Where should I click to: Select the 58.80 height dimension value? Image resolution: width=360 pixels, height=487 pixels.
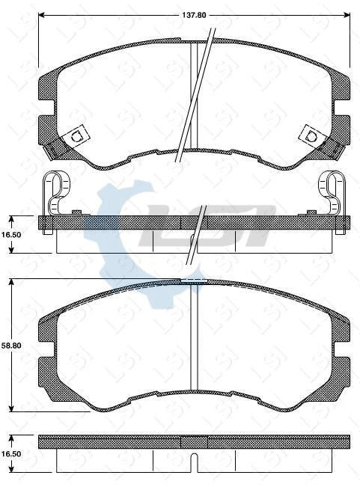pos(10,346)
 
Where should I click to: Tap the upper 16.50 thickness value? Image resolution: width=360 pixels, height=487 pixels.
pos(10,233)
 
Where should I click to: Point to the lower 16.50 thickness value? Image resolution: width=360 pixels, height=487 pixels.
pos(10,453)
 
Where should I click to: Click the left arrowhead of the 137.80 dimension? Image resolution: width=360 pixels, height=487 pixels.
pos(41,13)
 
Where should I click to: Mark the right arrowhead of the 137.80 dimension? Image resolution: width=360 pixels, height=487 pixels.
pos(347,13)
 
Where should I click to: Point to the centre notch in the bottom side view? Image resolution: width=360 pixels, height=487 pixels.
pos(193,462)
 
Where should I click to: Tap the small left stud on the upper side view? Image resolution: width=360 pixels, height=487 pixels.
pos(76,214)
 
